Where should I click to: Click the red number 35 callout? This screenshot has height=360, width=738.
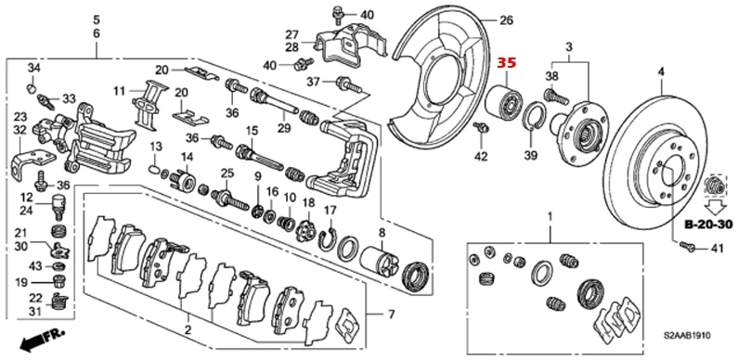tap(507, 62)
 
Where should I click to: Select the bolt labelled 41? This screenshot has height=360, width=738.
tap(689, 245)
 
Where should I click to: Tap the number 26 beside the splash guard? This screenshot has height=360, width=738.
tap(507, 19)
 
